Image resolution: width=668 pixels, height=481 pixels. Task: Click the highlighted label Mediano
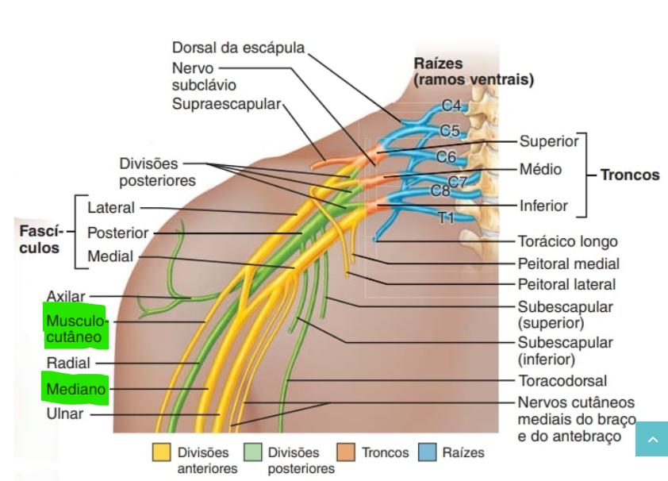(x=75, y=390)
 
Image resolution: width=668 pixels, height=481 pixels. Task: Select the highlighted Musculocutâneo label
(x=75, y=329)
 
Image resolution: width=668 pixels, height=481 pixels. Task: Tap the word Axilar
(x=65, y=296)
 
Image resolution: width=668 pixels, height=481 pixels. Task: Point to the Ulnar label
(x=65, y=414)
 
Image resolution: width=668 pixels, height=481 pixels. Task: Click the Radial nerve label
(x=68, y=363)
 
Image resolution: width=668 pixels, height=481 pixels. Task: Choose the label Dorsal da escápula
(x=238, y=48)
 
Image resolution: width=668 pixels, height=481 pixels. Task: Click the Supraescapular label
(x=226, y=104)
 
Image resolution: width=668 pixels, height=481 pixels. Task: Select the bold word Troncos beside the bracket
(x=629, y=175)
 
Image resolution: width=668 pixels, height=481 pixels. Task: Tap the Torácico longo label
(x=567, y=241)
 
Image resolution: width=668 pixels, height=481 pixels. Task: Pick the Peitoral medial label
(x=568, y=264)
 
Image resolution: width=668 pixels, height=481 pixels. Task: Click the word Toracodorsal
(x=562, y=381)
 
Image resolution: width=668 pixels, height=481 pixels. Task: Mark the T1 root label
(x=447, y=217)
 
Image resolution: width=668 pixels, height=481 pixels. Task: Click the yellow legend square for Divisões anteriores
(x=162, y=452)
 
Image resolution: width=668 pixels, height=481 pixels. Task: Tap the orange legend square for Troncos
(x=346, y=452)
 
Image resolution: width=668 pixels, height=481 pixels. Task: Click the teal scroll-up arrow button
(x=651, y=439)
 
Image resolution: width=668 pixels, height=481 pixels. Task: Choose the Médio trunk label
(x=540, y=169)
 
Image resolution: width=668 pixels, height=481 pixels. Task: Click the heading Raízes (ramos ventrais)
(x=473, y=72)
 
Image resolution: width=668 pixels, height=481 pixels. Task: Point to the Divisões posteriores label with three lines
(x=157, y=172)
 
